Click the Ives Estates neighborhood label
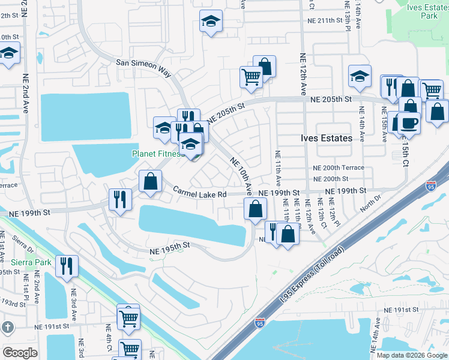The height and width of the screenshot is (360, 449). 326,138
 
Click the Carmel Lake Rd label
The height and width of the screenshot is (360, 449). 200,193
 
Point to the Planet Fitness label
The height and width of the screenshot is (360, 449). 157,154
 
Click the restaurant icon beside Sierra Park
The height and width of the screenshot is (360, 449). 67,265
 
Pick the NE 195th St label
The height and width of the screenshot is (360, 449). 170,245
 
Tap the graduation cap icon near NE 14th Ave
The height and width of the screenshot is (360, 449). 359,76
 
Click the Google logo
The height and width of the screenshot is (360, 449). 20,352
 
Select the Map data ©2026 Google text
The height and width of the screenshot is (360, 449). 411,355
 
